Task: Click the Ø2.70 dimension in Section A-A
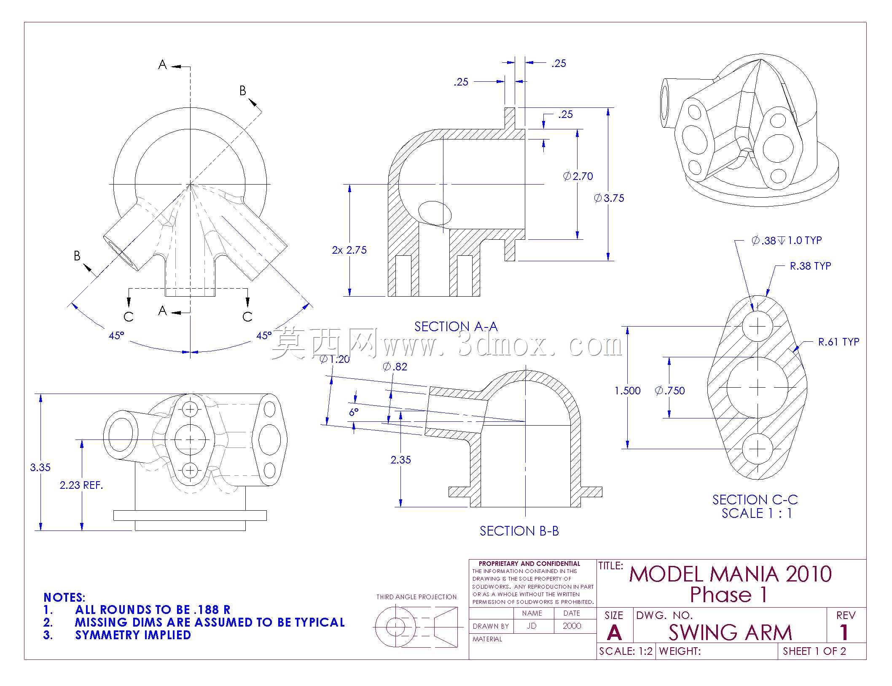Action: (578, 176)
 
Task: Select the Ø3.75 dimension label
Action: (609, 198)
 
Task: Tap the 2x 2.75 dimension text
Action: (349, 250)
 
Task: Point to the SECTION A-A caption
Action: (456, 327)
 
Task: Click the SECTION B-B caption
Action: (519, 531)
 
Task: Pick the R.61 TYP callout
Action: (838, 342)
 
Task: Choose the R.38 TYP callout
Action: (810, 266)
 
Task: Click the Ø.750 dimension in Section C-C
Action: (670, 391)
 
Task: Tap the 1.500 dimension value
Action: (627, 391)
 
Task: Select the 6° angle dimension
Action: (354, 412)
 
